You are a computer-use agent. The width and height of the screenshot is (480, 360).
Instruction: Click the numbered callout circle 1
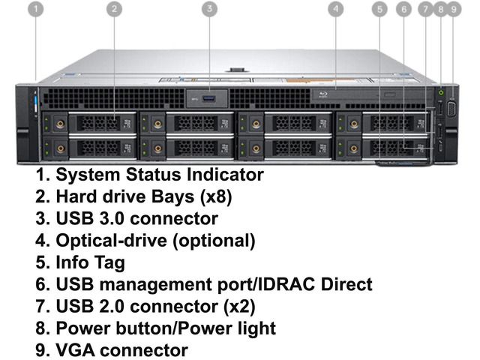pos(36,9)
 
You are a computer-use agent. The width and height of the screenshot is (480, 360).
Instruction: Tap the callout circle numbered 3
pos(210,8)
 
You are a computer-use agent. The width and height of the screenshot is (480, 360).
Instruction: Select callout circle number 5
pos(380,10)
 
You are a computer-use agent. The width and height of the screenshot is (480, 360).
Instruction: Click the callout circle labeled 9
pos(454,10)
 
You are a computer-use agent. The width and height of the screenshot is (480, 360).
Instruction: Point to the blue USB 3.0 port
pos(208,99)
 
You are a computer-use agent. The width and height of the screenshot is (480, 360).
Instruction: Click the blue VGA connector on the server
pos(452,109)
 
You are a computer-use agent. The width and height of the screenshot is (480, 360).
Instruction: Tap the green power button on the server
pos(441,91)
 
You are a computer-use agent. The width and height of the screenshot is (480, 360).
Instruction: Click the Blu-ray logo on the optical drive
pos(323,94)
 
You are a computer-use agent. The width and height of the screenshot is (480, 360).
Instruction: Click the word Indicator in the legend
pos(225,175)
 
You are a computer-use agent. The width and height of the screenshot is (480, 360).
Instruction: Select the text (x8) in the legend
pos(216,196)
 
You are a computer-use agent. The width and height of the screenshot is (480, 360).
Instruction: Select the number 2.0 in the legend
pos(113,306)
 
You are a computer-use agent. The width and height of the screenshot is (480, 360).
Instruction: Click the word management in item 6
pos(156,285)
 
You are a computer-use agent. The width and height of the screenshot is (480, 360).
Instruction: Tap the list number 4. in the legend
pos(43,240)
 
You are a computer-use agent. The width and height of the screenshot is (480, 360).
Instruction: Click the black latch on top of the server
pos(235,70)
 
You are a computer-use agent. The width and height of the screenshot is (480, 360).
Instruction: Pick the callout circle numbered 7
pos(426,10)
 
